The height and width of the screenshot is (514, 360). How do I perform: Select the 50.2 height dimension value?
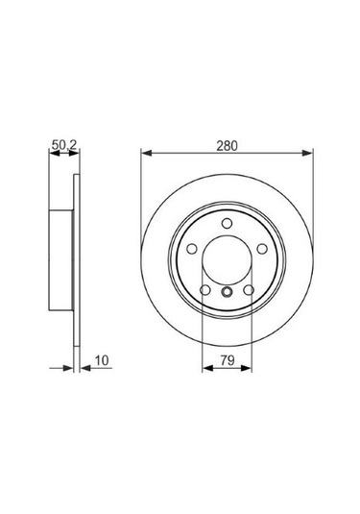[x=62, y=145]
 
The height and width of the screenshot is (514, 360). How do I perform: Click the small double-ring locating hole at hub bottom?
[x=228, y=295]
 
